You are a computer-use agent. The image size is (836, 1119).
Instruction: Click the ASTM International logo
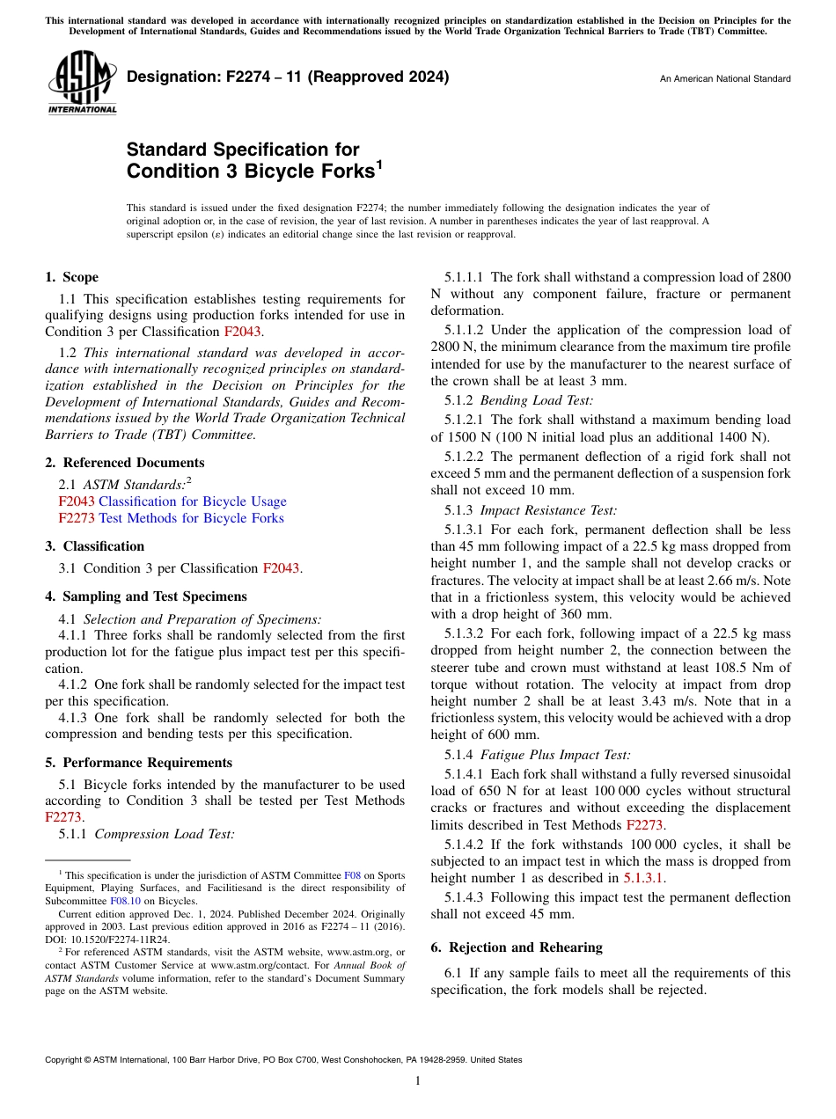point(81,84)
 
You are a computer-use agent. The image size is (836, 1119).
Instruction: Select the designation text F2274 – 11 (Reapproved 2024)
point(288,77)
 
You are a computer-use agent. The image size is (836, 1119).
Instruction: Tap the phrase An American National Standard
point(724,79)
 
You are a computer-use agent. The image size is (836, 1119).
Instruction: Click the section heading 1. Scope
point(72,277)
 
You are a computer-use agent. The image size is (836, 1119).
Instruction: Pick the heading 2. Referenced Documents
point(125,463)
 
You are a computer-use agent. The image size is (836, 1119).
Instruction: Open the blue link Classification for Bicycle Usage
point(192,501)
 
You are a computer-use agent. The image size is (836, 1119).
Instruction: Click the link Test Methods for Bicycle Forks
point(191,518)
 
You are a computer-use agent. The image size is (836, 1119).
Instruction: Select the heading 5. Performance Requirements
point(139,763)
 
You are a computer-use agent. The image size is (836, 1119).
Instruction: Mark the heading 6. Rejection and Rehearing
point(517,947)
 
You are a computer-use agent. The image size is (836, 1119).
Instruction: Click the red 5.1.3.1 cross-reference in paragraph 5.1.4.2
point(645,878)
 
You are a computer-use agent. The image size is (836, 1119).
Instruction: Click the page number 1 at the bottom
point(418,1081)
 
